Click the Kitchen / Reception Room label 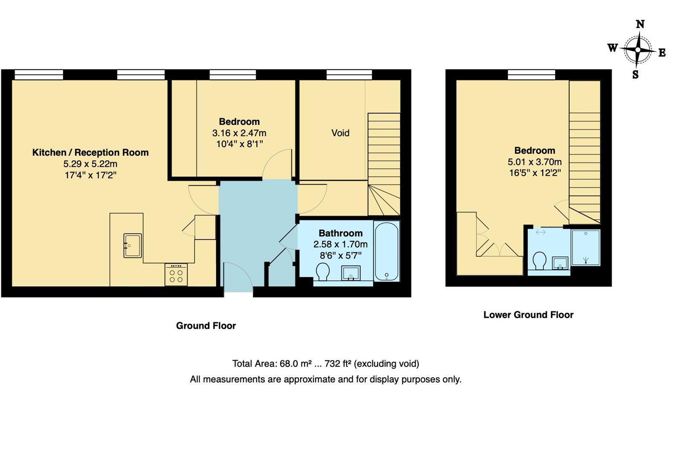[90, 152]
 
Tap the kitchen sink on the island [133, 246]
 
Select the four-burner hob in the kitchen [176, 274]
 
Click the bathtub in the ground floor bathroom [387, 251]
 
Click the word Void [340, 133]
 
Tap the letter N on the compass [640, 24]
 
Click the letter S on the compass [635, 75]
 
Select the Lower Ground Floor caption [528, 315]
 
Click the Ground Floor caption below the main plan [206, 326]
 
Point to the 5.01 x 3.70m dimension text [535, 162]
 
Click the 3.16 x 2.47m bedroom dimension [239, 133]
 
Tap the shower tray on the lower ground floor [586, 247]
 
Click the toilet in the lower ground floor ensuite [540, 260]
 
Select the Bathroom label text [341, 233]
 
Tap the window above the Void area [349, 75]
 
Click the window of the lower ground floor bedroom [531, 75]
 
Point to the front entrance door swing [238, 277]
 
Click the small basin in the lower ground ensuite [560, 263]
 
